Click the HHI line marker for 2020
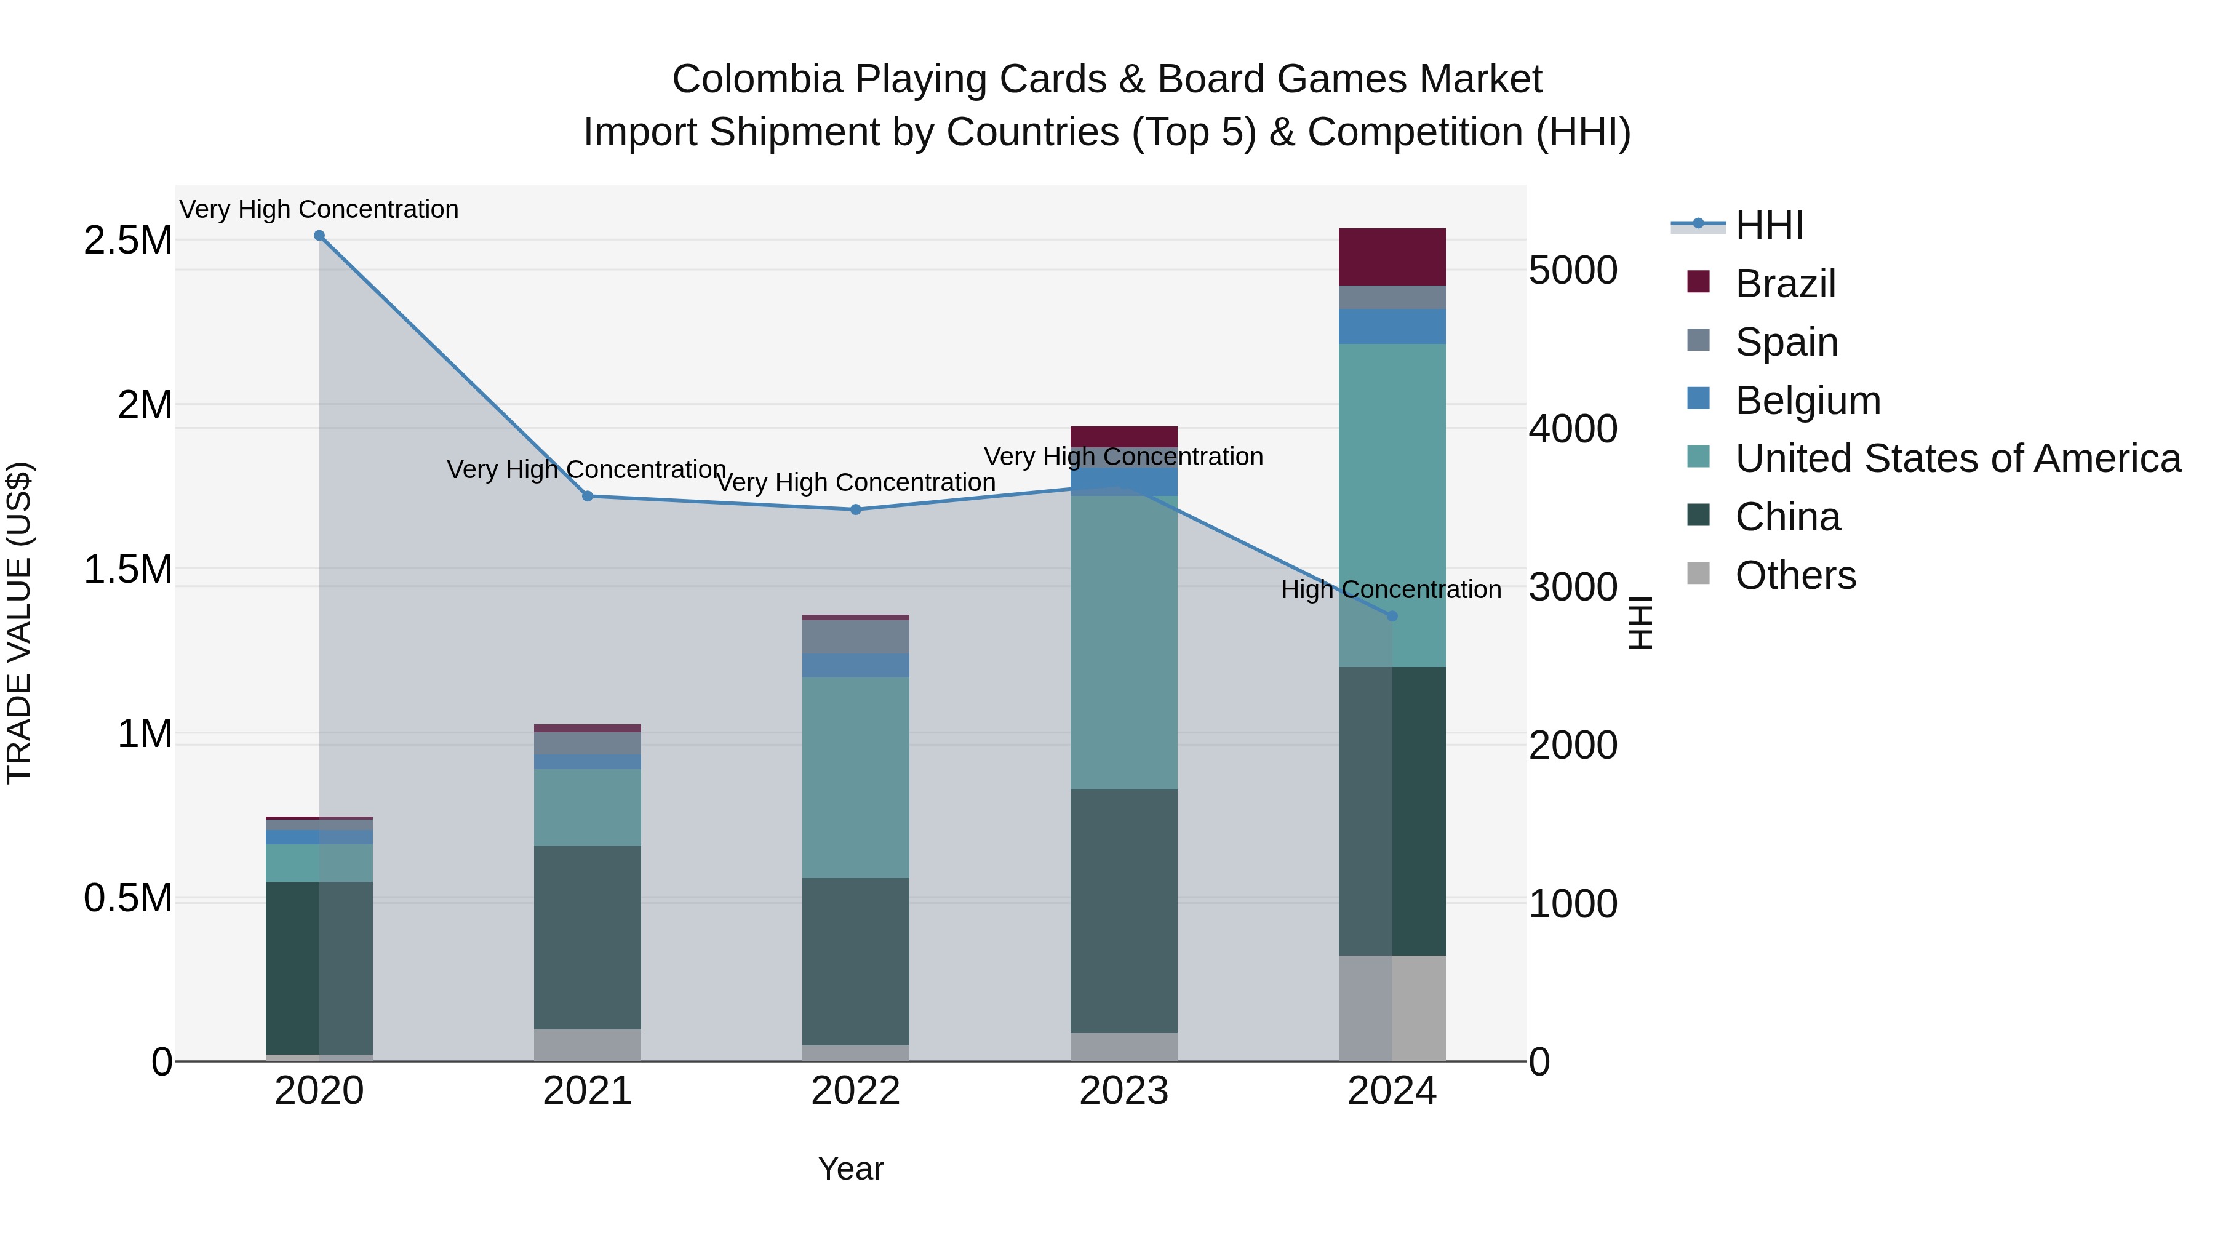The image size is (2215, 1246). tap(319, 236)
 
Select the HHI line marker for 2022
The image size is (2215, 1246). tap(856, 510)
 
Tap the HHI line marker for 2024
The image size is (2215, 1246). tap(1392, 617)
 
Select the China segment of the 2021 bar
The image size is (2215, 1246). tap(588, 937)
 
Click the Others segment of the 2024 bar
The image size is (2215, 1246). tap(1392, 1008)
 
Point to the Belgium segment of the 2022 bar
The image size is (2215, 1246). tap(856, 666)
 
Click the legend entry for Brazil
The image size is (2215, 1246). tap(1785, 284)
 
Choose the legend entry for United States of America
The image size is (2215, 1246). tap(1957, 458)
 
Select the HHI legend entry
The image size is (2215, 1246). tap(1768, 225)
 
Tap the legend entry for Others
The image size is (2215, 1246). tap(1795, 575)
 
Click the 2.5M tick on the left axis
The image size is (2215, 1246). tap(127, 241)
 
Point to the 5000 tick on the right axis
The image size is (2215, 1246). tap(1573, 270)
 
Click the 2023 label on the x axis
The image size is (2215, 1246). tap(1124, 1091)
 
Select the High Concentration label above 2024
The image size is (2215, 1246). tap(1391, 590)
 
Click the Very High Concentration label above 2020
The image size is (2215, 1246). tap(319, 209)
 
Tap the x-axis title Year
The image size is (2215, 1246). tap(850, 1168)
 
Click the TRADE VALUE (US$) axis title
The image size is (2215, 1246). tap(19, 623)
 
